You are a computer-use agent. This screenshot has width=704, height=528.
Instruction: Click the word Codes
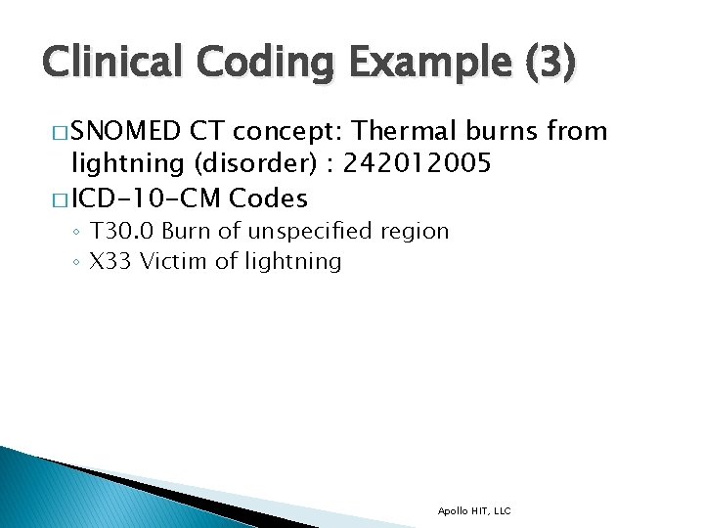[x=268, y=198]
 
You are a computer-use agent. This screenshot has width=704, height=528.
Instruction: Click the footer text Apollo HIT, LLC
[x=474, y=510]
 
